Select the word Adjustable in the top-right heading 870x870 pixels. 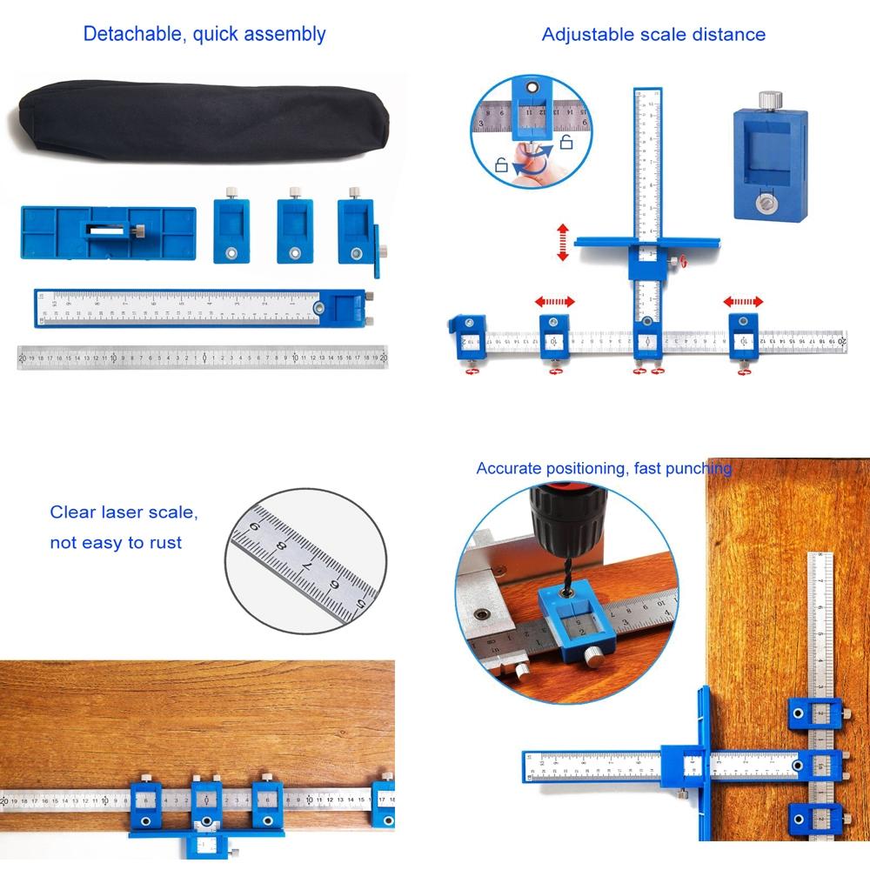pyautogui.click(x=581, y=35)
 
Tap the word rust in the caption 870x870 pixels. pyautogui.click(x=164, y=543)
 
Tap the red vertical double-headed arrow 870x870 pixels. pyautogui.click(x=563, y=242)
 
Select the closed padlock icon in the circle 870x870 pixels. pyautogui.click(x=501, y=164)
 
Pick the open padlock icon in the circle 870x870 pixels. pyautogui.click(x=565, y=143)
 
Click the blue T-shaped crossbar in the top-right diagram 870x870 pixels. pyautogui.click(x=648, y=243)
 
